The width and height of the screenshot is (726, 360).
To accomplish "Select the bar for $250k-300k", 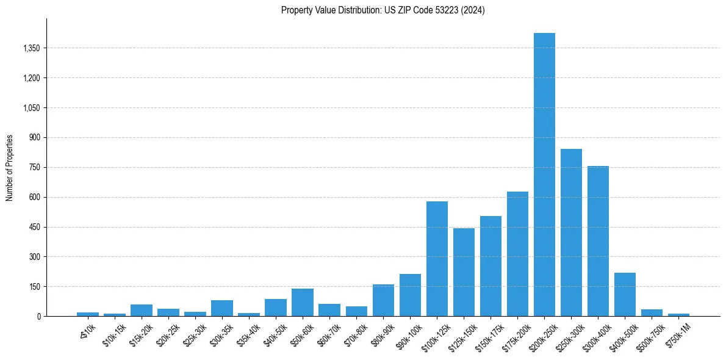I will [571, 232].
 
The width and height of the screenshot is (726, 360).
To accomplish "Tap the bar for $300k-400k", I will [598, 241].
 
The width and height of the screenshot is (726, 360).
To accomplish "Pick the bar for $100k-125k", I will [437, 259].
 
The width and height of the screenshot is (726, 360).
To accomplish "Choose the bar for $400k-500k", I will [625, 295].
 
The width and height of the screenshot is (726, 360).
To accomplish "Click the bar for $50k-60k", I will [302, 303].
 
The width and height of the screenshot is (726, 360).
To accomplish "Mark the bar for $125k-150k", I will [464, 272].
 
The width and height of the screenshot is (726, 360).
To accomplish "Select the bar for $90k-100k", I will [410, 295].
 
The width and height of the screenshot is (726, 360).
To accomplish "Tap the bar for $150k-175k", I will [491, 266].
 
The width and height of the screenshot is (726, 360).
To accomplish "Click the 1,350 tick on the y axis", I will [31, 48].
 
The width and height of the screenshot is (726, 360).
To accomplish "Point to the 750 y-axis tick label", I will [34, 168].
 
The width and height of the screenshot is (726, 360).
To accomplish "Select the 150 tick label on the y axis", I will [34, 287].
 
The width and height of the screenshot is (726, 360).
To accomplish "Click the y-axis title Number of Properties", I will [10, 167].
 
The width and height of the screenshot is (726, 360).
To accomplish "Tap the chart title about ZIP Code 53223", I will [383, 10].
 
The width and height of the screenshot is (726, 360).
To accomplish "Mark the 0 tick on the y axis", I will [38, 317].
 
